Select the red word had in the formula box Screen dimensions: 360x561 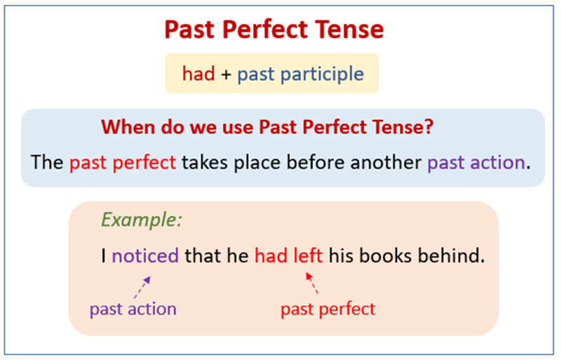point(198,74)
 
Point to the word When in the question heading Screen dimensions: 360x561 point(126,127)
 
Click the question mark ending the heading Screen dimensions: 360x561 point(428,127)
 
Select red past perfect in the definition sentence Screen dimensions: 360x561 point(123,163)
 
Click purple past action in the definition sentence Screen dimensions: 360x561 point(475,163)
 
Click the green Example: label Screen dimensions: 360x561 point(142,220)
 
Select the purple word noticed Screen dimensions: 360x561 point(145,255)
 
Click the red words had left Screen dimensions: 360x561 point(288,255)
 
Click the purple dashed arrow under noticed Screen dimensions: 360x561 point(142,286)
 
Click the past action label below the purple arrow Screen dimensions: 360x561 point(133,309)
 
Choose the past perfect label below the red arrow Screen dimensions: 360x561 point(327,309)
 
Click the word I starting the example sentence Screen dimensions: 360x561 point(104,255)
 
